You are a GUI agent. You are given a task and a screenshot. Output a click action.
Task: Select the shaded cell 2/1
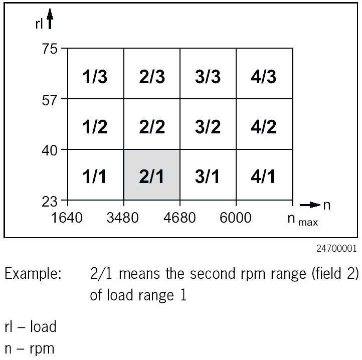[x=152, y=176]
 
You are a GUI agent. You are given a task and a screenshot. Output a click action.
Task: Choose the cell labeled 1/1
[x=96, y=176]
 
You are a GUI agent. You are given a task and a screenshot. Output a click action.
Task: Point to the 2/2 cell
[x=152, y=126]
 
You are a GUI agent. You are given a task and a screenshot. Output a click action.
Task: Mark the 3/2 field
[x=208, y=126]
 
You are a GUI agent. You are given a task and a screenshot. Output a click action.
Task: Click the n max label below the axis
[x=302, y=220]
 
